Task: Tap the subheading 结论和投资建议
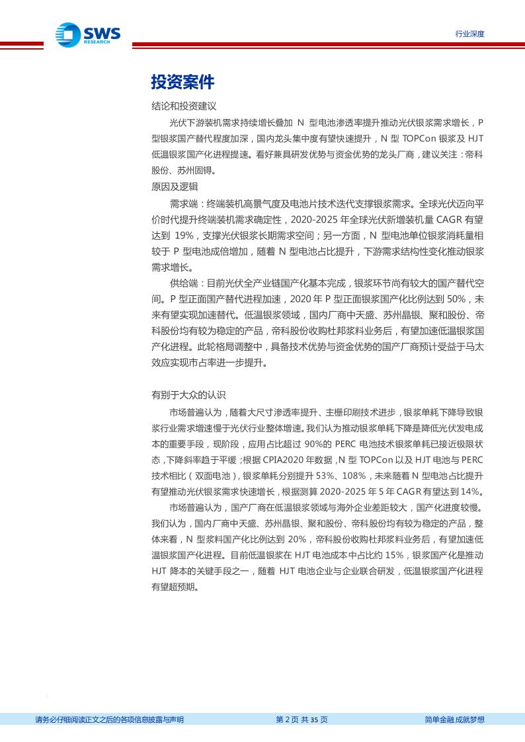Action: point(184,106)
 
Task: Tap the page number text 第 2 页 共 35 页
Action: point(302,720)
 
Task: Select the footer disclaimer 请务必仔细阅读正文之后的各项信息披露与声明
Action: point(109,720)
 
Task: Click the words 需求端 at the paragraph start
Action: point(184,204)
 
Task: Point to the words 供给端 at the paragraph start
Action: point(184,283)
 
